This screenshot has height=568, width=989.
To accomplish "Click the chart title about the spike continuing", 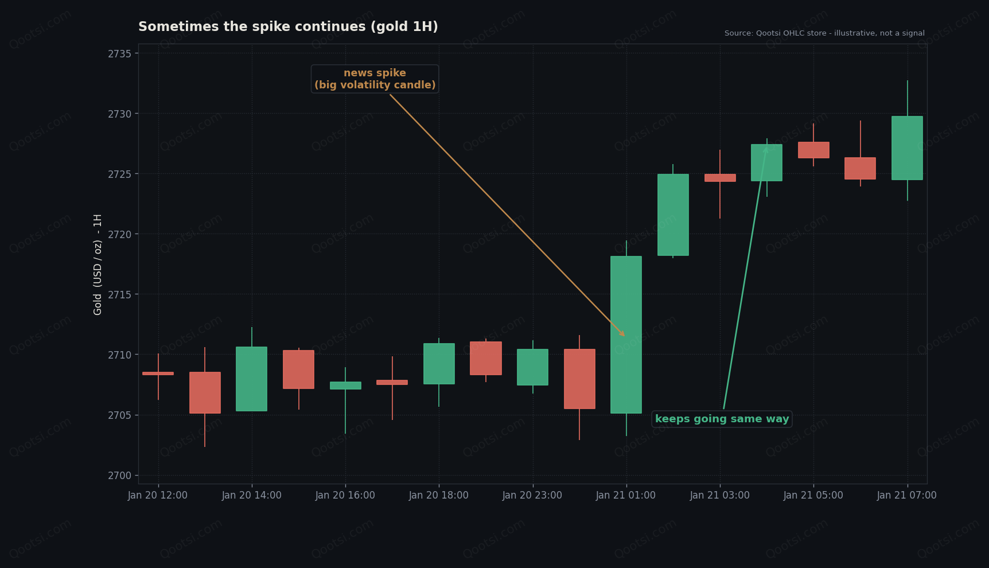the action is click(x=288, y=27).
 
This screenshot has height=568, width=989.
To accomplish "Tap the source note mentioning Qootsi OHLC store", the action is click(x=824, y=33).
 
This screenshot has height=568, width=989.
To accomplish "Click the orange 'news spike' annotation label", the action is click(x=375, y=79).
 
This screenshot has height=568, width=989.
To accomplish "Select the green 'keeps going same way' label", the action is click(x=722, y=419).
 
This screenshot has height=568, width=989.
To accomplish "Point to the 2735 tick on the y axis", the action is click(x=119, y=54).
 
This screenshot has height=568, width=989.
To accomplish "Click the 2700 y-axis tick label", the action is click(x=119, y=476).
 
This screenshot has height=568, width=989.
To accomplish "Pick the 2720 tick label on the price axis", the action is click(x=119, y=234).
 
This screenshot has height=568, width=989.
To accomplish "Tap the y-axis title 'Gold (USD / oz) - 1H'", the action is click(x=98, y=264).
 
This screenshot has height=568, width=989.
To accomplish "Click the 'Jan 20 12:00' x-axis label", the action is click(x=158, y=495).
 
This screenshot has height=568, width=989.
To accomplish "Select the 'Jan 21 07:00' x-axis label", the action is click(x=907, y=495).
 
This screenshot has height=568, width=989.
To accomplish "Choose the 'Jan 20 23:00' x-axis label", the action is click(x=532, y=495).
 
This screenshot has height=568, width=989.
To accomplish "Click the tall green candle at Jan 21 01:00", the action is click(x=626, y=334).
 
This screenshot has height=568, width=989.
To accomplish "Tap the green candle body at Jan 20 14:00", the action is click(x=251, y=379).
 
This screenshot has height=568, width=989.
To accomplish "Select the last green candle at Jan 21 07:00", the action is click(x=907, y=148).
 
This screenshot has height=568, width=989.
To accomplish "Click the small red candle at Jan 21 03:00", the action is click(x=720, y=178).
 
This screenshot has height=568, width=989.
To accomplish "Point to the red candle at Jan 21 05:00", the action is click(x=813, y=150).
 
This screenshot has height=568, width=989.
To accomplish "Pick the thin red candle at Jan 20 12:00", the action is click(x=158, y=374).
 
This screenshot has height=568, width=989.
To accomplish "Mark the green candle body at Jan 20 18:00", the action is click(x=439, y=364).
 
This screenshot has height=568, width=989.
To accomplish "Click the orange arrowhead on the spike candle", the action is click(x=622, y=333).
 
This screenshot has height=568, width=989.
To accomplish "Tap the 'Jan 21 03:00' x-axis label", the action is click(x=720, y=495).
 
